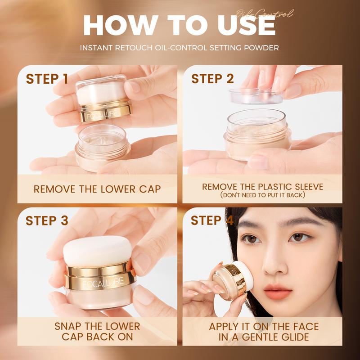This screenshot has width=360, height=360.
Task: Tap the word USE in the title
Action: [247, 25]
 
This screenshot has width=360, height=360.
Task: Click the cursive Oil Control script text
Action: [265, 13]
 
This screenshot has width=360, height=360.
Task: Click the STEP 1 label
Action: [47, 79]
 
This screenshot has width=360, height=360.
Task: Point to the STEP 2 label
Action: [212, 79]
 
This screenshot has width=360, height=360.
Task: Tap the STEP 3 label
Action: [47, 220]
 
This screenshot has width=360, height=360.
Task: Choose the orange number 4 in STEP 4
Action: [229, 220]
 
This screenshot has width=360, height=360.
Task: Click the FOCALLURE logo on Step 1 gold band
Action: [103, 114]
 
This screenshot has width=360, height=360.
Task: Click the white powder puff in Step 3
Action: [98, 252]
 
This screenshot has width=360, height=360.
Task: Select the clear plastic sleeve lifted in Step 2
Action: [256, 96]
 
